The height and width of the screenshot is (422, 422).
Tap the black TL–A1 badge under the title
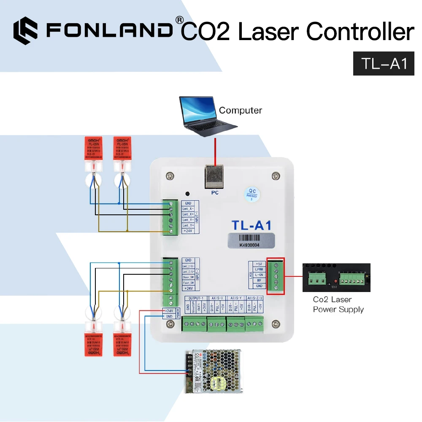tap(384, 64)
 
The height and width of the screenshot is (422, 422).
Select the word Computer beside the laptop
tap(241, 111)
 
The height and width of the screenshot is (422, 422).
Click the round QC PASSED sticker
tap(252, 195)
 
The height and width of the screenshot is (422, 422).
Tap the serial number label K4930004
tap(250, 243)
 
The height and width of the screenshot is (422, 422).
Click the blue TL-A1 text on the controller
tap(252, 225)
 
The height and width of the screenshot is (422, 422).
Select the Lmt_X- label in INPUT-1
tap(188, 209)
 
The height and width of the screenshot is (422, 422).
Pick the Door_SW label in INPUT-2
tap(188, 277)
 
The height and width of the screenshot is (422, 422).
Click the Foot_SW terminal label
tap(188, 282)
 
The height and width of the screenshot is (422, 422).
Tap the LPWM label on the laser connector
tap(259, 269)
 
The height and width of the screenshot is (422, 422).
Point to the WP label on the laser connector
tap(259, 280)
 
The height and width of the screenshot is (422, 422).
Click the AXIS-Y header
tap(237, 298)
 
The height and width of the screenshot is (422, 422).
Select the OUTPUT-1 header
tap(196, 298)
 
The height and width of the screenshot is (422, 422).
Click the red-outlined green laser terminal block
tap(276, 276)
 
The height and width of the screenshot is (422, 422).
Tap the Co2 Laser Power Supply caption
tap(338, 305)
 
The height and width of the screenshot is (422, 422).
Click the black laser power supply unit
tap(336, 277)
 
